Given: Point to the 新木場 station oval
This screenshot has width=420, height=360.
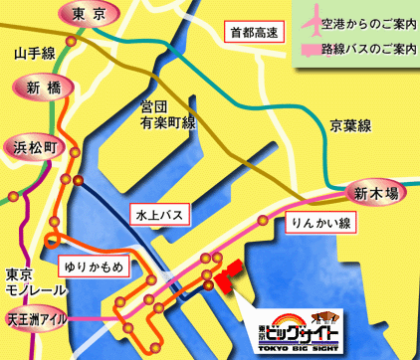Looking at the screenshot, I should pos(375,193).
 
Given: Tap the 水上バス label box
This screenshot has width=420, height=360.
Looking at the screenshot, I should pos(157,213).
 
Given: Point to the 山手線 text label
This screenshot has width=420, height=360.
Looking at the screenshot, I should pos(34,51).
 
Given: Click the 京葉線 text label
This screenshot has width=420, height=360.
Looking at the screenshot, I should pos(350,125).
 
